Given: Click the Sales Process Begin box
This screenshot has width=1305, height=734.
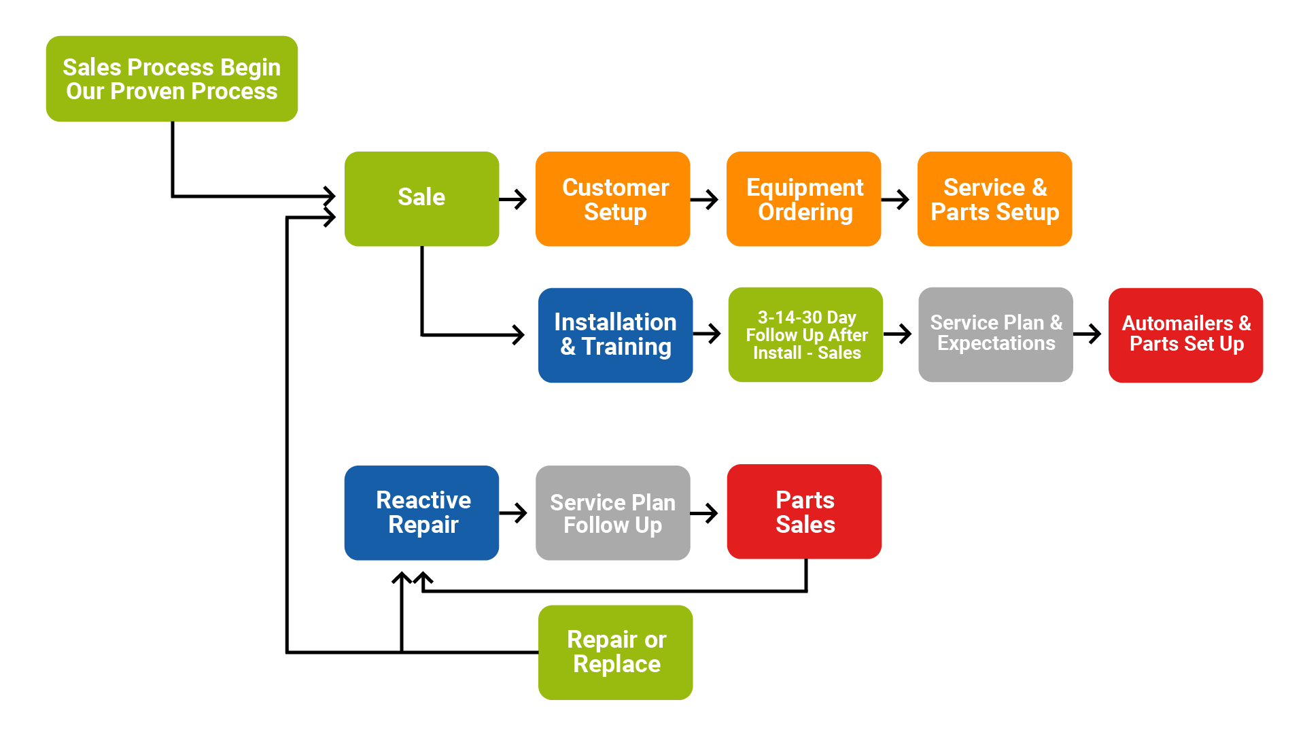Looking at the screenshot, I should click(171, 78).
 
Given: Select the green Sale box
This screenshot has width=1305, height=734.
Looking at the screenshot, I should click(421, 198).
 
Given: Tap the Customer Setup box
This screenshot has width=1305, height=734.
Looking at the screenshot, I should click(612, 198).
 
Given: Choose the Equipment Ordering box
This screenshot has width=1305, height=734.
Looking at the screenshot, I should click(803, 198).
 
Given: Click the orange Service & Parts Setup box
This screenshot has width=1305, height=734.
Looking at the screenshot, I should click(994, 198).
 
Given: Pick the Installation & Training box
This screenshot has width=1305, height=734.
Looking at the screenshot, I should click(615, 334).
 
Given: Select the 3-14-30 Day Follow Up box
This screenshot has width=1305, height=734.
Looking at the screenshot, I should click(805, 334).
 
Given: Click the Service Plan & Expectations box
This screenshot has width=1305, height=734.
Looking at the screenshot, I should click(995, 334).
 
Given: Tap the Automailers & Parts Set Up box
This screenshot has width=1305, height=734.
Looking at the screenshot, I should click(1185, 334).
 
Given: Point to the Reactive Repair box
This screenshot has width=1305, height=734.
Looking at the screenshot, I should click(421, 512).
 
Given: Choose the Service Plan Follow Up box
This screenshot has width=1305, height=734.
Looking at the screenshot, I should click(612, 512).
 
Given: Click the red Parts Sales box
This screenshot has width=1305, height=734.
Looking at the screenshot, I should click(804, 512).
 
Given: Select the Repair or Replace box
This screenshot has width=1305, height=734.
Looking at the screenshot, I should click(615, 652).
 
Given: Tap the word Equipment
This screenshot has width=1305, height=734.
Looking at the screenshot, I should click(805, 187).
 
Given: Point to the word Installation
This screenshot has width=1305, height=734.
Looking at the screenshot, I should click(615, 321).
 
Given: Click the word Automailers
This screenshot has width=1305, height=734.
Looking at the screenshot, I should click(1177, 323).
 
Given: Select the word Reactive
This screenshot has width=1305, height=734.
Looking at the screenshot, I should click(423, 500).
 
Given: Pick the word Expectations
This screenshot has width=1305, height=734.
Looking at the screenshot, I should click(996, 344).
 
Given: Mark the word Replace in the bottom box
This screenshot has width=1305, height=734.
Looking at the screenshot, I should click(616, 664).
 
